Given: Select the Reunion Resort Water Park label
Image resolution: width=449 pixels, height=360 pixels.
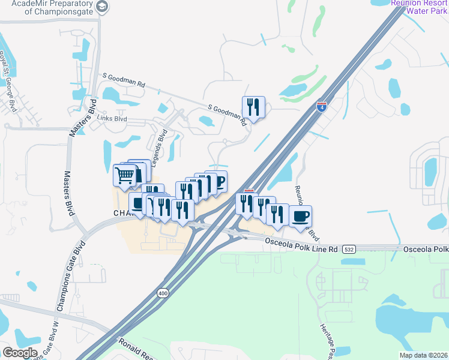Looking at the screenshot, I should pos(420,6).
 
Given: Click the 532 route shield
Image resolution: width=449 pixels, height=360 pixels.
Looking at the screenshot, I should pos(350,248).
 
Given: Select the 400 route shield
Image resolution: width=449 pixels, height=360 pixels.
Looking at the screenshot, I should pos(163,293).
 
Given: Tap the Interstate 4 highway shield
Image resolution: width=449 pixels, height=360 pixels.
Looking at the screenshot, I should pos(322,106).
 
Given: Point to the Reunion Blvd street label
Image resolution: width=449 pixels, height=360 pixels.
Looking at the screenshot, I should pos(305,207).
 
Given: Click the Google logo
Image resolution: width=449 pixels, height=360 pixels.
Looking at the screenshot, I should pos(19,353).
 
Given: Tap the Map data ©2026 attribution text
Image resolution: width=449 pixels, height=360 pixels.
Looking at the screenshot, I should pos(423,355).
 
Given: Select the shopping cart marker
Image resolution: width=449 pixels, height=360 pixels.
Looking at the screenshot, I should pos(125,175).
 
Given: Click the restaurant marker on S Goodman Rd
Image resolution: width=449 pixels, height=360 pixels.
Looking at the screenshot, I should pos(253,107).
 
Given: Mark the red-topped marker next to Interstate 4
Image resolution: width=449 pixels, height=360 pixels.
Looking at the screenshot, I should pos(249,192).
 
